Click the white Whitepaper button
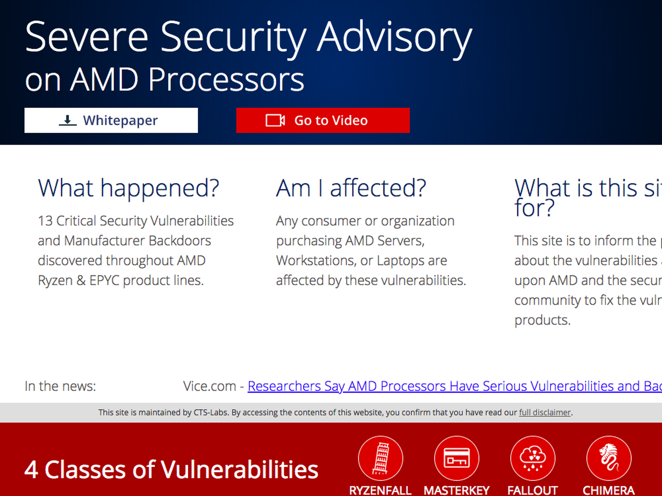point(111,120)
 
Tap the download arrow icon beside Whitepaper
point(67,120)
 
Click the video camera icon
point(275,120)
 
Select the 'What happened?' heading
point(129,188)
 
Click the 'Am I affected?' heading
point(351,188)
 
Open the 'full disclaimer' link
point(544,412)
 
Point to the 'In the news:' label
point(60,386)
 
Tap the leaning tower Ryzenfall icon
point(380,458)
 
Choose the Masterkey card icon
point(457,458)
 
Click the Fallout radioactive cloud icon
point(532,458)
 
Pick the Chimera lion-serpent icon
point(609,458)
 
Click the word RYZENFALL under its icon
point(380,491)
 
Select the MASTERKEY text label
point(457,491)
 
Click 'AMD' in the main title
point(104,79)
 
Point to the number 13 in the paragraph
point(45,221)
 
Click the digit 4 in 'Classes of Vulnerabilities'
point(31,470)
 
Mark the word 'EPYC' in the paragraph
point(104,280)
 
